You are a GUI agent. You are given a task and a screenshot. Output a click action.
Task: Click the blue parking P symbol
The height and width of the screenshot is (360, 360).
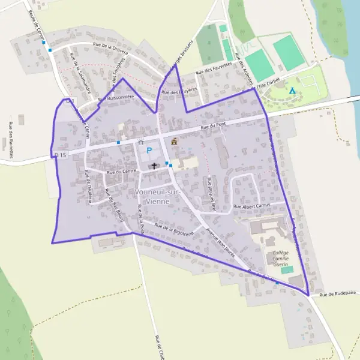[149, 151]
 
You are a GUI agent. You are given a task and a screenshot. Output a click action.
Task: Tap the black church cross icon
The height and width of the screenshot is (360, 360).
[154, 165]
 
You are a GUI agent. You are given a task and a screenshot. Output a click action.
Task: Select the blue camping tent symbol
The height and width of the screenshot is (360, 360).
[292, 90]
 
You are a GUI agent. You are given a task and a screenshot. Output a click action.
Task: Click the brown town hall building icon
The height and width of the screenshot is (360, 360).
[175, 142]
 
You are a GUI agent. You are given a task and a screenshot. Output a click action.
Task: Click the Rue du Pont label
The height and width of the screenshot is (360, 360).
[213, 127]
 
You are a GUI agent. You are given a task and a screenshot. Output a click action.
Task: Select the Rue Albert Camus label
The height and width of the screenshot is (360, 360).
[253, 206]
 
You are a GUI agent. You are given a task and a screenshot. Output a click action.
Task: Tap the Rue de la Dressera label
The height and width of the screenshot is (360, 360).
[111, 45]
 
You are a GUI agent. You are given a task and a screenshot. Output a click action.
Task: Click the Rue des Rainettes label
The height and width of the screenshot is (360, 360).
[11, 140]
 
